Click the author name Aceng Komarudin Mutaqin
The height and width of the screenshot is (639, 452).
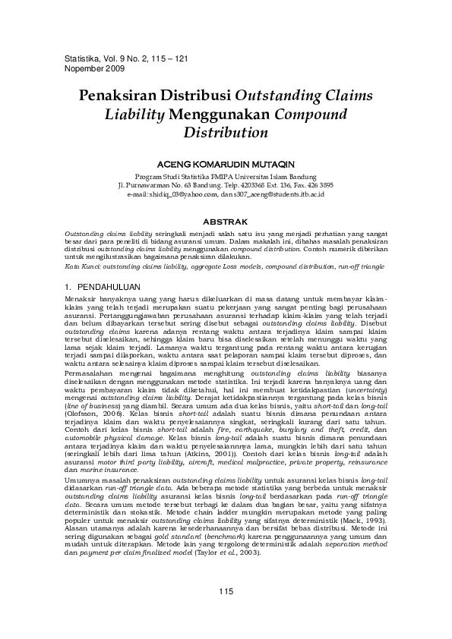tap(226, 162)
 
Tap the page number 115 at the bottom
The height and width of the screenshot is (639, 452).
tap(226, 591)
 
